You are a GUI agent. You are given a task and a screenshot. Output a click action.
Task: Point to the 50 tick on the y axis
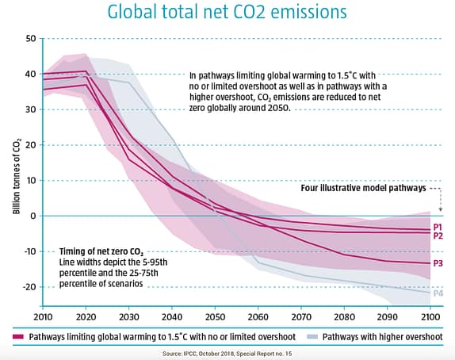[x=30, y=38]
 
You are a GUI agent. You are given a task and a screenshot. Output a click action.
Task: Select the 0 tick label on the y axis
[x=33, y=216]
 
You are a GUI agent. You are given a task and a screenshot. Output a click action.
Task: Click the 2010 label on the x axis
[x=43, y=316]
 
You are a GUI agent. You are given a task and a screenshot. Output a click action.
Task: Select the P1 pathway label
[x=438, y=227]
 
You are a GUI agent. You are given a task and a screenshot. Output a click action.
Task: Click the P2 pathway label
[x=438, y=236]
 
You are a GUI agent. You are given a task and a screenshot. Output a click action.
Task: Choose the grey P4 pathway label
[x=438, y=293]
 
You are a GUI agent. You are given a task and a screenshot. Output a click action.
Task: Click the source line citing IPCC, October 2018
[x=227, y=353]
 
